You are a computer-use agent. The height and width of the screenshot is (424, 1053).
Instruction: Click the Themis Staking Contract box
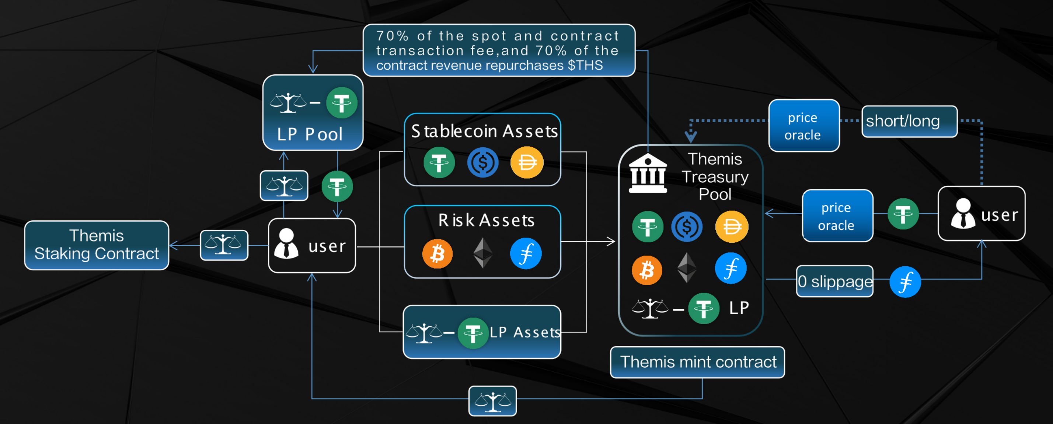[97, 245]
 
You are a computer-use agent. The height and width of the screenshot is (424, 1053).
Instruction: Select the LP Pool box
[313, 113]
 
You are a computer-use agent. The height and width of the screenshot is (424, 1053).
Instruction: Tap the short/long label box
[909, 121]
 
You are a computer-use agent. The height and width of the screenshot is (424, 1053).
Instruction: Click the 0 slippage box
[835, 281]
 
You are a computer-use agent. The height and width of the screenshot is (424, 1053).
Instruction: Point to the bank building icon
[648, 173]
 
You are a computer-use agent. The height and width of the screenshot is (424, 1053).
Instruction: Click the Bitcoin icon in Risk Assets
[437, 254]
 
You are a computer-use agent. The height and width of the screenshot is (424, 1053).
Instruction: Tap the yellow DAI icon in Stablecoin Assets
[527, 162]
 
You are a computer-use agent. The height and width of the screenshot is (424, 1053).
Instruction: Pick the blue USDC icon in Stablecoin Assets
[483, 162]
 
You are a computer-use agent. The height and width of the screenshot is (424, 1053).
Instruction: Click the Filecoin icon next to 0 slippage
[905, 282]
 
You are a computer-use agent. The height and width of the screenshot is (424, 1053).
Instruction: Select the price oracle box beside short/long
[803, 126]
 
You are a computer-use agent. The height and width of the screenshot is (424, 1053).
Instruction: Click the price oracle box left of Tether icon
[837, 216]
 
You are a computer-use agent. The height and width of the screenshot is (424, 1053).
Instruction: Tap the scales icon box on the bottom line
[492, 401]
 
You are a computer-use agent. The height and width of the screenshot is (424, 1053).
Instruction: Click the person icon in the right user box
[963, 214]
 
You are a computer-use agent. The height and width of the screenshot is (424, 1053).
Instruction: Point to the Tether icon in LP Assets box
[473, 333]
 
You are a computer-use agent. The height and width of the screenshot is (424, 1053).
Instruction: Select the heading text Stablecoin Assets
[484, 132]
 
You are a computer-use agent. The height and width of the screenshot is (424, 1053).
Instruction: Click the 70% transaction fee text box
[499, 50]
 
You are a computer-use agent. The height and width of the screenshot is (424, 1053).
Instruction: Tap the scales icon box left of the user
[224, 245]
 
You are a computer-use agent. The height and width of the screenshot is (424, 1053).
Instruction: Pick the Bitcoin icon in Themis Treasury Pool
[647, 270]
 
